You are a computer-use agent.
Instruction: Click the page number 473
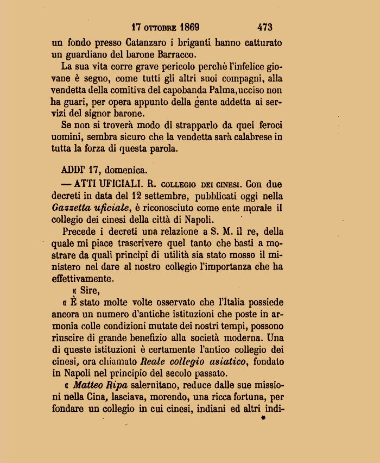[264, 27]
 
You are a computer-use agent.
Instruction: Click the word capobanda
[194, 91]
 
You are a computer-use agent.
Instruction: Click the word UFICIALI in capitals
[110, 184]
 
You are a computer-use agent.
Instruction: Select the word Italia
[223, 303]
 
